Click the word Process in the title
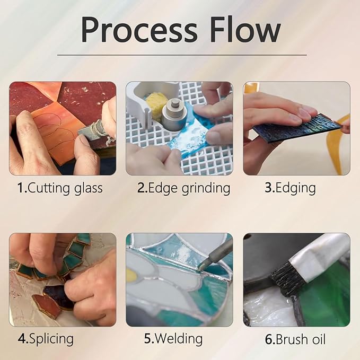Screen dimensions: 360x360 point(139,30)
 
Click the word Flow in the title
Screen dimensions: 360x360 point(245,29)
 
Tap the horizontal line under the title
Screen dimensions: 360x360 point(182,55)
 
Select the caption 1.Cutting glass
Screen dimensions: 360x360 point(60,188)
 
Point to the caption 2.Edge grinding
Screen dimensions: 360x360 point(183,188)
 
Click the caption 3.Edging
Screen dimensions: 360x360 point(290,188)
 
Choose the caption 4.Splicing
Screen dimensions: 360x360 point(46,339)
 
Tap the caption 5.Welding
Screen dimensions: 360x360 point(173,339)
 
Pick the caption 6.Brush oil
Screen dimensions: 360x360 point(295,339)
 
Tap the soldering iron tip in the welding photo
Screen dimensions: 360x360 point(200,267)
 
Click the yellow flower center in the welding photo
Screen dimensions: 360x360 point(130,275)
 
